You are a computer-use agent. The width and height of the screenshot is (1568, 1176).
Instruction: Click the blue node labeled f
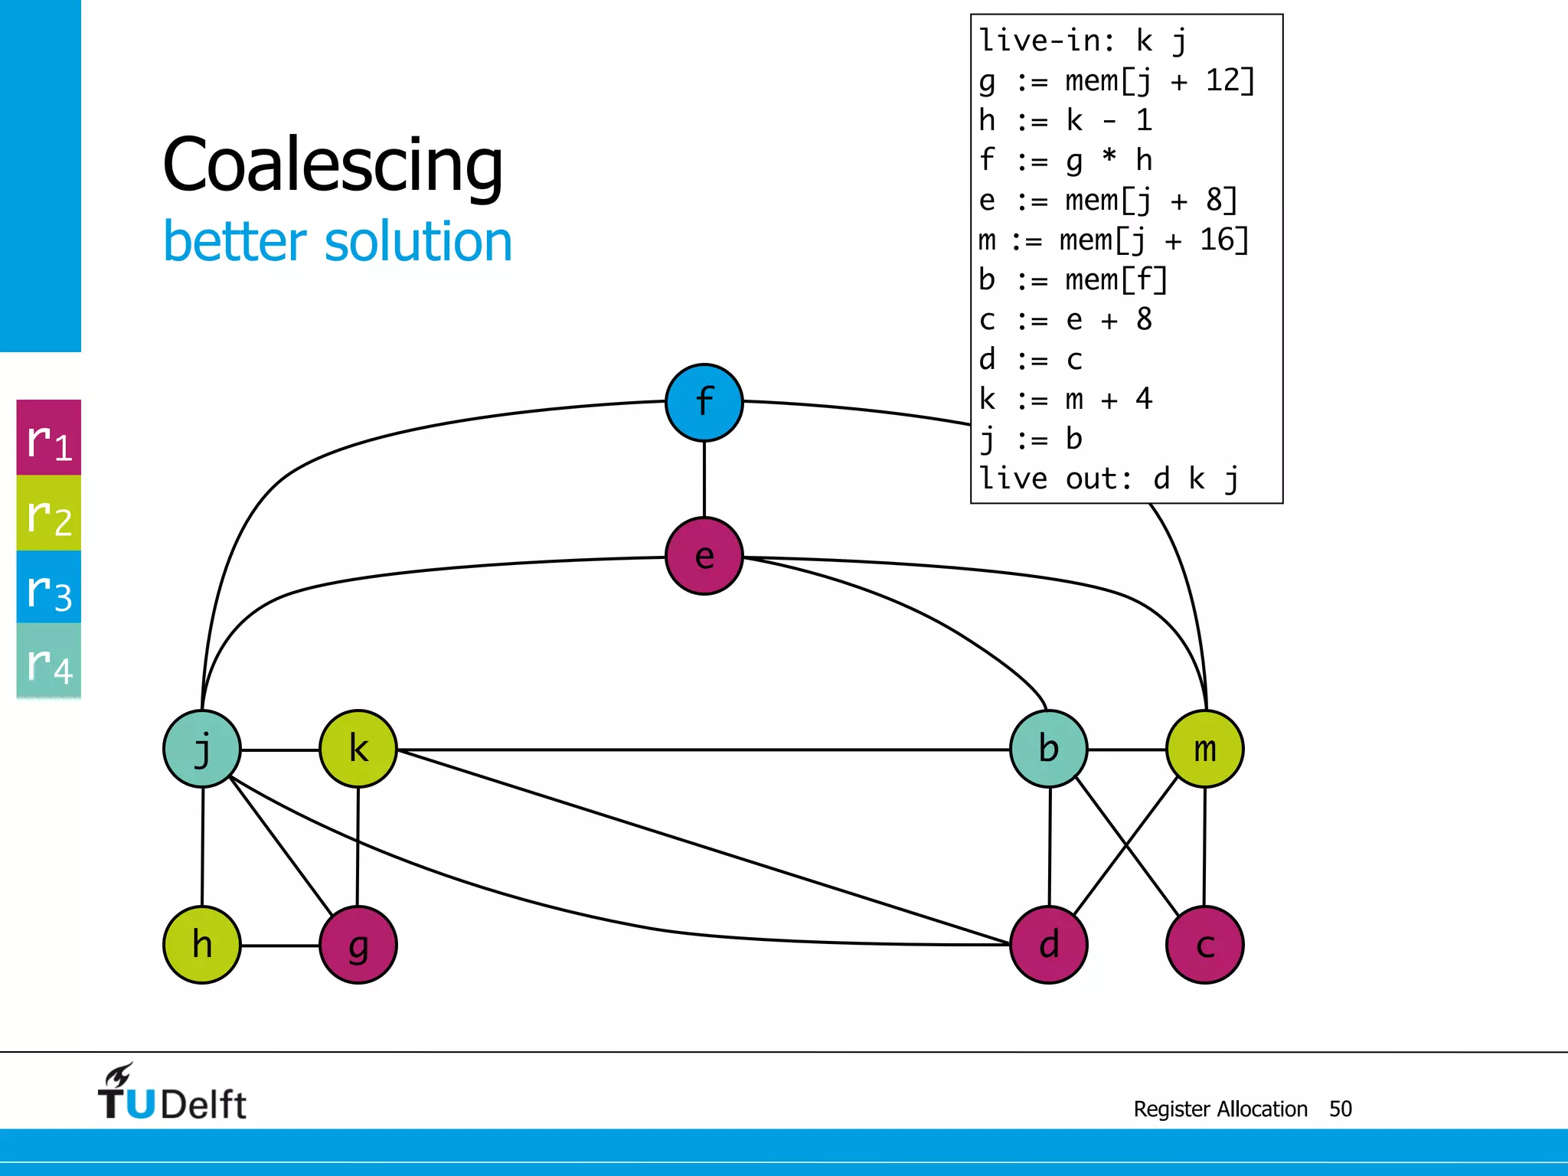(x=704, y=403)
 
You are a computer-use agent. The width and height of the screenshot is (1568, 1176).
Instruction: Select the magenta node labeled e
(x=704, y=557)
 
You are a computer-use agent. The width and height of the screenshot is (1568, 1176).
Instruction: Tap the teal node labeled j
(x=202, y=749)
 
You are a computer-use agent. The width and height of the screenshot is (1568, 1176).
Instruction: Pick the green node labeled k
(x=358, y=749)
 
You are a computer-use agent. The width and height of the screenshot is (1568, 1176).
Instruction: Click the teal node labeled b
(x=1049, y=749)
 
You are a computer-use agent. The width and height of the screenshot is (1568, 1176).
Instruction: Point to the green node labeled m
(x=1205, y=749)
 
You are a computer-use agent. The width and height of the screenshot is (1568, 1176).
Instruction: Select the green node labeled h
(x=202, y=945)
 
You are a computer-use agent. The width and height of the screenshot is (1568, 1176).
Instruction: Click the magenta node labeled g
(x=358, y=945)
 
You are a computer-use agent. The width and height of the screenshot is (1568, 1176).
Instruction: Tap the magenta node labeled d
(x=1049, y=945)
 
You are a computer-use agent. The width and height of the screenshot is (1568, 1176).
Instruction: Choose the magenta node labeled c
(x=1205, y=945)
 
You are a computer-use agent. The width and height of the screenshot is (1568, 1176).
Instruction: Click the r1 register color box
(x=49, y=438)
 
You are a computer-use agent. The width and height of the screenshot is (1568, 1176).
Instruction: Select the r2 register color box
(x=49, y=513)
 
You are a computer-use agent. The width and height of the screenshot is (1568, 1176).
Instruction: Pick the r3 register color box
(x=49, y=587)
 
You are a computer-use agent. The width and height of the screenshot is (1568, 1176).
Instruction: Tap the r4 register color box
(x=49, y=661)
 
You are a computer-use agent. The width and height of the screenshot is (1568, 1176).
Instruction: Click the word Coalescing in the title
(x=333, y=165)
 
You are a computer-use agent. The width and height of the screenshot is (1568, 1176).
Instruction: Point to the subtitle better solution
(x=338, y=242)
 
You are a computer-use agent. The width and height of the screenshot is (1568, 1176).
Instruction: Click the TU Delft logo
(x=171, y=1093)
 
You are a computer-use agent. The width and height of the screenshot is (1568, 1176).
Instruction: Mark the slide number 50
(x=1340, y=1109)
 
